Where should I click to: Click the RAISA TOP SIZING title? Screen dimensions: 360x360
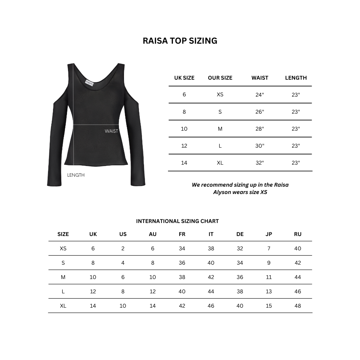[x=180, y=41]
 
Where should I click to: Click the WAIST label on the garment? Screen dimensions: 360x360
[x=111, y=131]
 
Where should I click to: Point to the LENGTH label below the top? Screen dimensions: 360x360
[x=76, y=175]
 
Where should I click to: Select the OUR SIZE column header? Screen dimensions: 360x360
[x=220, y=78]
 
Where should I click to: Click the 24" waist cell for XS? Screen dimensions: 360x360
[x=260, y=95]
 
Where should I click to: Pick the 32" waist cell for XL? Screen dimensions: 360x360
[x=260, y=163]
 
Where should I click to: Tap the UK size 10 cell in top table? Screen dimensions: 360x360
[x=184, y=129]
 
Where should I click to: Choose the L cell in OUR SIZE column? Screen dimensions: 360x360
[x=220, y=146]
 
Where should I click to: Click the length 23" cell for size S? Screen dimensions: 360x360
[x=296, y=112]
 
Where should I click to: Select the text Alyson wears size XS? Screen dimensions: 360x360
[x=240, y=192]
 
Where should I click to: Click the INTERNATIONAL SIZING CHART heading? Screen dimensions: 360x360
[x=177, y=221]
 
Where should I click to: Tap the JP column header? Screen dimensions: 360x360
[x=269, y=234]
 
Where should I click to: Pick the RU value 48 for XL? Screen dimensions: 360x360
[x=298, y=306]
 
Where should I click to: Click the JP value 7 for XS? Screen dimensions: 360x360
[x=269, y=248]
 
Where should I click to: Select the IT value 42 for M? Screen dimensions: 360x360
[x=211, y=277]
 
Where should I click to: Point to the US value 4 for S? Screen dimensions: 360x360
[x=123, y=263]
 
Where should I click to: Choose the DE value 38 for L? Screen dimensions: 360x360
[x=240, y=291]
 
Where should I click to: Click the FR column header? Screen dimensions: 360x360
[x=182, y=234]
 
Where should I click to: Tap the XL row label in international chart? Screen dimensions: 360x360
[x=63, y=306]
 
